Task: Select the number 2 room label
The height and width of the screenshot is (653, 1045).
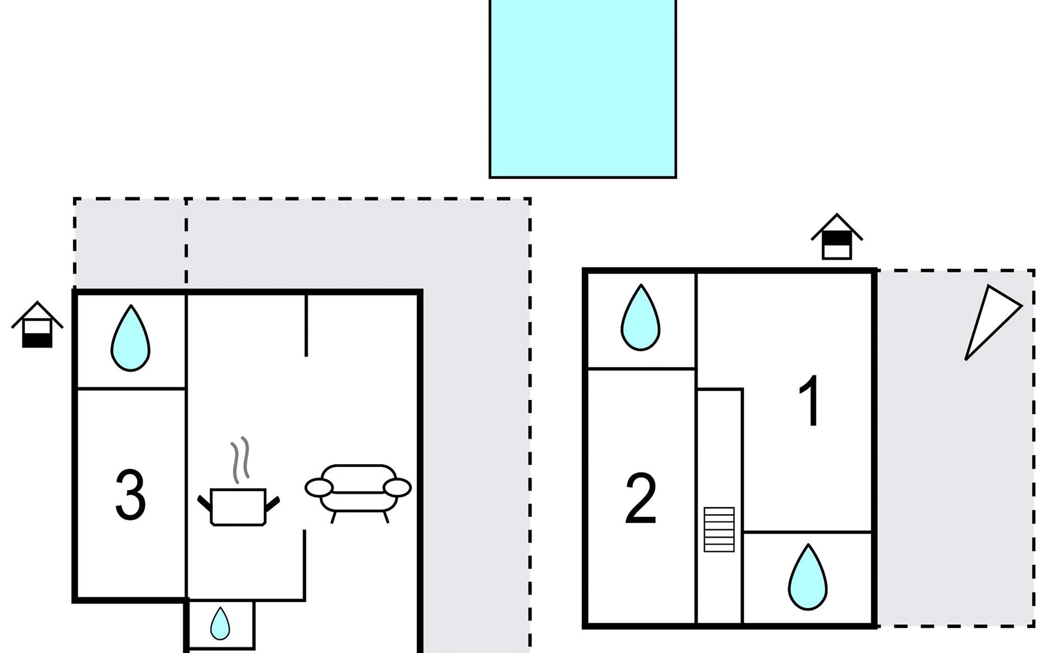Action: point(641,499)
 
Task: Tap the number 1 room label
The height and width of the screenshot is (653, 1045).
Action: point(810,401)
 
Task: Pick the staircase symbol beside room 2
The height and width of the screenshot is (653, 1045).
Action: point(719,529)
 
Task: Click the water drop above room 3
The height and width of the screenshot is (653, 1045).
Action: point(130,338)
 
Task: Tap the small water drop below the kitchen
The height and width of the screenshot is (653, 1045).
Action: point(220,624)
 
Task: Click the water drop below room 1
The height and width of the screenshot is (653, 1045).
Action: point(808,577)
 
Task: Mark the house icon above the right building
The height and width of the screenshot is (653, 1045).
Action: point(837,236)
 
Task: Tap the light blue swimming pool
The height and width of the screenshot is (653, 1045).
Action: point(582,88)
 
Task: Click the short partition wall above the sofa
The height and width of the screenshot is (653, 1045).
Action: point(306,325)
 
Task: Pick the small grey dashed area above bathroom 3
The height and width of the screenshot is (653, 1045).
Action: point(130,244)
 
